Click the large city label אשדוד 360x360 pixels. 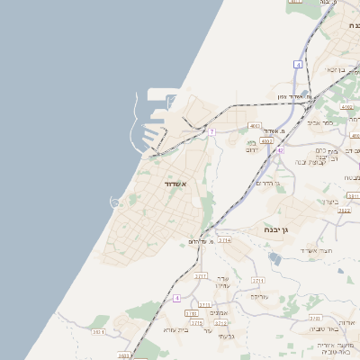[x=174, y=184]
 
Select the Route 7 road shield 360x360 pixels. [x=211, y=132]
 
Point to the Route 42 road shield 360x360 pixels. [x=281, y=150]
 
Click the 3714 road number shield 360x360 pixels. [x=224, y=240]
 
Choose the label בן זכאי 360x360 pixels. [x=336, y=69]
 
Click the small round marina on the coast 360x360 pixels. [x=114, y=202]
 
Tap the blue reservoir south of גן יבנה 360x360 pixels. [x=274, y=258]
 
